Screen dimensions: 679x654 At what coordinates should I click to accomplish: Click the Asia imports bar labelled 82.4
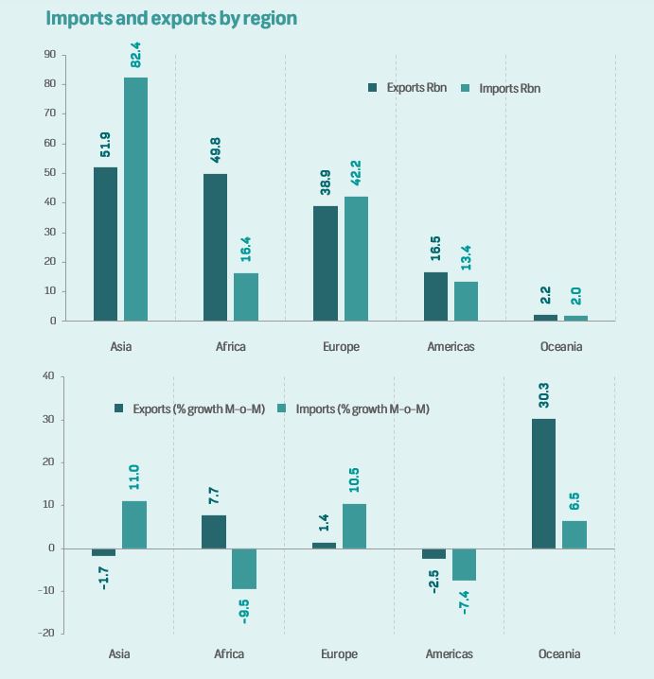click(x=135, y=199)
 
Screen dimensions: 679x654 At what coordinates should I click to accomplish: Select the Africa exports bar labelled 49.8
click(x=215, y=247)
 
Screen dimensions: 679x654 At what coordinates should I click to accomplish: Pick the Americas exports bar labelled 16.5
click(x=435, y=296)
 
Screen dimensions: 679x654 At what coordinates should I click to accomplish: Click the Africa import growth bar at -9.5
click(x=245, y=568)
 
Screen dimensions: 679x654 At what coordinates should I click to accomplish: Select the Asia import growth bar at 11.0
click(x=133, y=524)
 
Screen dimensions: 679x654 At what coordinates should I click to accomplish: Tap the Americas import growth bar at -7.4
click(x=465, y=564)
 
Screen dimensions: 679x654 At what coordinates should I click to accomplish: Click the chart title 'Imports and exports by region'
click(x=171, y=18)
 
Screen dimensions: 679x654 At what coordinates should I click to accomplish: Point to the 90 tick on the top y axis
click(x=49, y=55)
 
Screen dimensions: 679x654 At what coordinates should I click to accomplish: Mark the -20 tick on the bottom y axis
click(x=45, y=633)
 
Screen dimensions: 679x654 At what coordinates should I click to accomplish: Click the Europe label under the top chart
click(x=340, y=347)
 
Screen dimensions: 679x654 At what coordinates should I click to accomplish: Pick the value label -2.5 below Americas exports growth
click(x=434, y=580)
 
